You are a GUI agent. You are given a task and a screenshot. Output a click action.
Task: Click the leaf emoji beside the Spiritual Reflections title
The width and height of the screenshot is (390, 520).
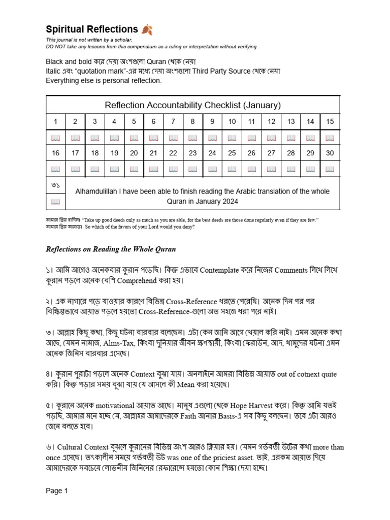click(147, 29)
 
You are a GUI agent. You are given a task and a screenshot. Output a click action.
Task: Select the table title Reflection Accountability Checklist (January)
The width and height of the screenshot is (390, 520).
click(192, 105)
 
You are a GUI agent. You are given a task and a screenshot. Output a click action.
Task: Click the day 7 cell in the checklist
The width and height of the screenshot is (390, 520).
click(173, 121)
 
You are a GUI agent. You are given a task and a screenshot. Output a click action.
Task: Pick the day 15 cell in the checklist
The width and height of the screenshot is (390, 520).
click(330, 121)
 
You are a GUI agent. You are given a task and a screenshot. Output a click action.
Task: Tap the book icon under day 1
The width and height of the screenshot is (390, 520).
click(56, 138)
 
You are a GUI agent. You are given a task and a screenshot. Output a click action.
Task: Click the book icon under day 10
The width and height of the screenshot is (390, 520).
click(232, 138)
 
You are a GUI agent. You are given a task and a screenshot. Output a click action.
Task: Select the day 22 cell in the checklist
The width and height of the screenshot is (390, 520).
click(173, 153)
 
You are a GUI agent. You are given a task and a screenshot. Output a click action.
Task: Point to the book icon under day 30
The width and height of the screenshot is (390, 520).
click(330, 169)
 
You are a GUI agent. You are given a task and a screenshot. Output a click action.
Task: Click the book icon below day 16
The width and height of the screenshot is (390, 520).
click(56, 169)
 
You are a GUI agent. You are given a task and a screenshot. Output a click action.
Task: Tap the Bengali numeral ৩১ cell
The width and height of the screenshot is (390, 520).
click(56, 185)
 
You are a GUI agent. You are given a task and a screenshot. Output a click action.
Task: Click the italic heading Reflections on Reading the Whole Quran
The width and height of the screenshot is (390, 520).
click(111, 249)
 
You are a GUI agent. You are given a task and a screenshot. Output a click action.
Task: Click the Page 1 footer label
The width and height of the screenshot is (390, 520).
click(56, 491)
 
